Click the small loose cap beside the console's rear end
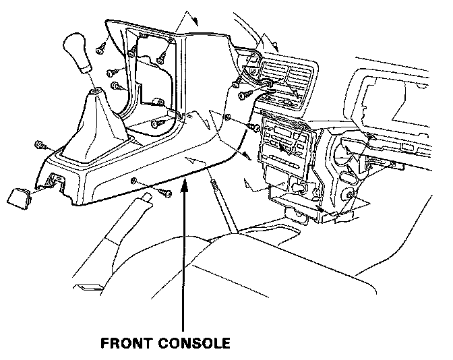coord(19,197)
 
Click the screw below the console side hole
coord(163,193)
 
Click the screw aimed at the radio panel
coord(253,125)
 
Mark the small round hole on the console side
coord(135,180)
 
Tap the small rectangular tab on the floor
coord(87,289)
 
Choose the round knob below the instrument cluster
coord(350,196)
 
